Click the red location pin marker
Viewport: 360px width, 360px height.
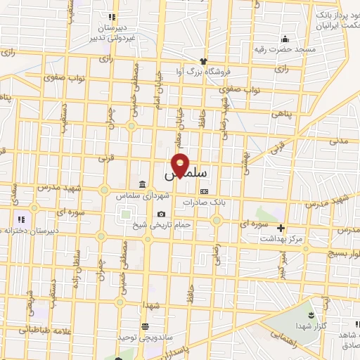coord(181,165)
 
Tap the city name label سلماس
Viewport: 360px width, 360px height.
coord(184,172)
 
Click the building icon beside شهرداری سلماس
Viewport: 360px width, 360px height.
coord(143,185)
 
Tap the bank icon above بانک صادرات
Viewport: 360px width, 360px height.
coord(204,191)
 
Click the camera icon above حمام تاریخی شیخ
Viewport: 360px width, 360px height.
coord(162,214)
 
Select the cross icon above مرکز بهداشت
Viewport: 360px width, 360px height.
coord(281,228)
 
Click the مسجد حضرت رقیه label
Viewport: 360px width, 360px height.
coord(286,49)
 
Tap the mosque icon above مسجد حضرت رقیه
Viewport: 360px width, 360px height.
coord(285,38)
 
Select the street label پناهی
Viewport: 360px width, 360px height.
coord(283,113)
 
